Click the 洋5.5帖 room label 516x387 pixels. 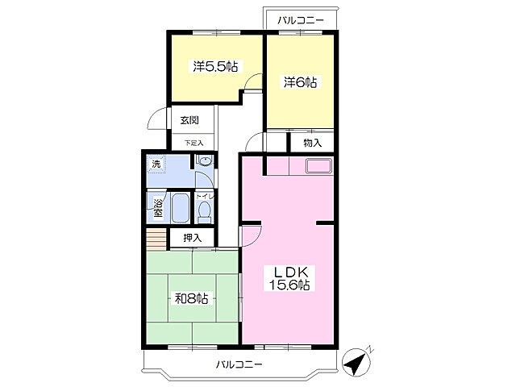tap(215, 67)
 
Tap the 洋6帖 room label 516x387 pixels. tap(300, 82)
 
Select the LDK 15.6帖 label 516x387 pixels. tap(289, 278)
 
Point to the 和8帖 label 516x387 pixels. tap(192, 299)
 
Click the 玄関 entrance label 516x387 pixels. tap(189, 120)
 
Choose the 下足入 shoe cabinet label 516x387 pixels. tap(193, 144)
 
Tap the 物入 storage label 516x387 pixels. tap(312, 143)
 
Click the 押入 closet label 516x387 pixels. tap(193, 238)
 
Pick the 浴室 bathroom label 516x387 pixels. tap(158, 208)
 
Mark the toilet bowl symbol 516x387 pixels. tap(205, 213)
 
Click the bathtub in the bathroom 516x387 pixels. tap(180, 208)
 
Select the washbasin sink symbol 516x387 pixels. tap(206, 161)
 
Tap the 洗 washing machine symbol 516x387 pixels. tap(156, 164)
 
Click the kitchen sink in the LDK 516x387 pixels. tap(318, 165)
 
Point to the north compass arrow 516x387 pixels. tap(357, 362)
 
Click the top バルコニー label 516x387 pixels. tap(301, 20)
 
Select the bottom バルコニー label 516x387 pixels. tap(239, 364)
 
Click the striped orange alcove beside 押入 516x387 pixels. tap(156, 239)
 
